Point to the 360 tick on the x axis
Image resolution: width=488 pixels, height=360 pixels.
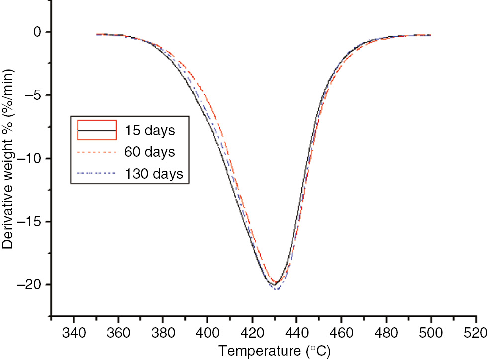(118, 332)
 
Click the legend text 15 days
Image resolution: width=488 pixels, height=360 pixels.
(154, 131)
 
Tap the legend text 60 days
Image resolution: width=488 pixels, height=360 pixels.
(154, 152)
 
